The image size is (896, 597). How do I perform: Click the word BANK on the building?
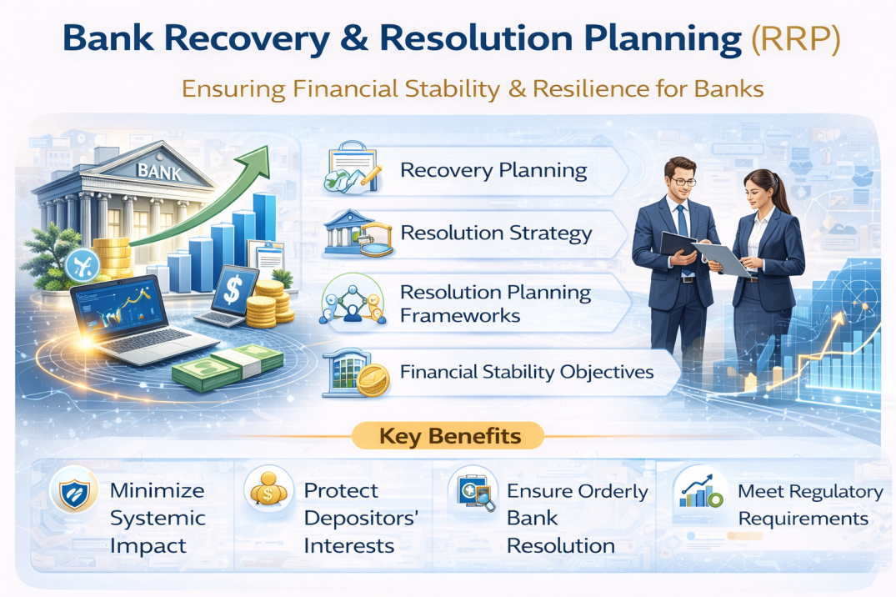158,173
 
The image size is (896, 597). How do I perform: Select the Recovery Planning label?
493,171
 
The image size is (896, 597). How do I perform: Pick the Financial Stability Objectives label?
527,371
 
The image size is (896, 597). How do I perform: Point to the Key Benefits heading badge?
449,436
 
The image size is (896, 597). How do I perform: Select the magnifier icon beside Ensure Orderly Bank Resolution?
472,494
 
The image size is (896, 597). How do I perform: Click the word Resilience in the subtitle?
583,88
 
